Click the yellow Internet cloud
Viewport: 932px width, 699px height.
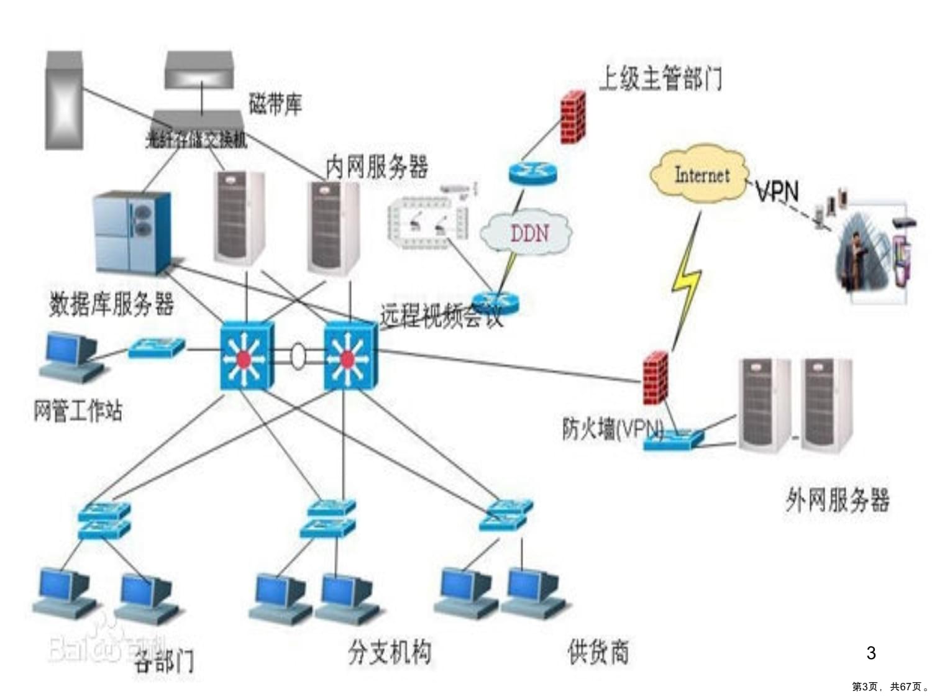coord(700,175)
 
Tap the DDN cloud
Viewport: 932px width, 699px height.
coord(528,233)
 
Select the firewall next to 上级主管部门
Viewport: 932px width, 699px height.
coord(573,117)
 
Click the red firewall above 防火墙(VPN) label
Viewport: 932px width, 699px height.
coord(655,377)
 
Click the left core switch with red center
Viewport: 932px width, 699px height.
coord(245,357)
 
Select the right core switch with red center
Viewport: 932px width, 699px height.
coord(349,357)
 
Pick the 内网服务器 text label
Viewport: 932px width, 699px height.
coord(377,167)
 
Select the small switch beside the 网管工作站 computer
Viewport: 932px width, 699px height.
coord(156,347)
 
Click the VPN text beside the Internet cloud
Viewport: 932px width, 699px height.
coord(777,191)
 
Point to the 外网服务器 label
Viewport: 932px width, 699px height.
coord(837,500)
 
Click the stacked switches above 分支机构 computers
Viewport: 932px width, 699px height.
coord(330,518)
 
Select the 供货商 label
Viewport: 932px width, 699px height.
coord(598,652)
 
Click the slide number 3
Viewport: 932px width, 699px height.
coord(870,653)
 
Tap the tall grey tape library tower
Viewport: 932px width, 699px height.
coord(64,101)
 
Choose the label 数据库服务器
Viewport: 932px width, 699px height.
coord(111,304)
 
